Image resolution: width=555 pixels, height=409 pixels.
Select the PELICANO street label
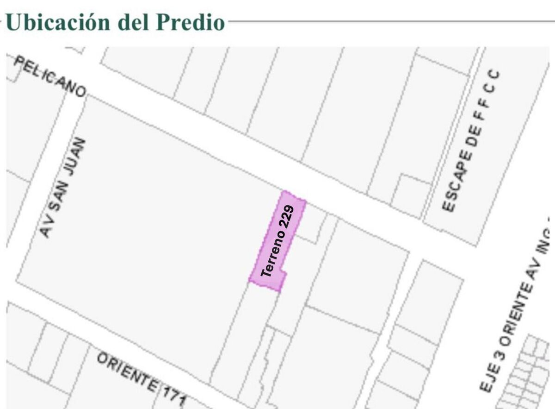point(50,76)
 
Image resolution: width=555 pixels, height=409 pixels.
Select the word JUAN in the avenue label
point(74,157)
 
